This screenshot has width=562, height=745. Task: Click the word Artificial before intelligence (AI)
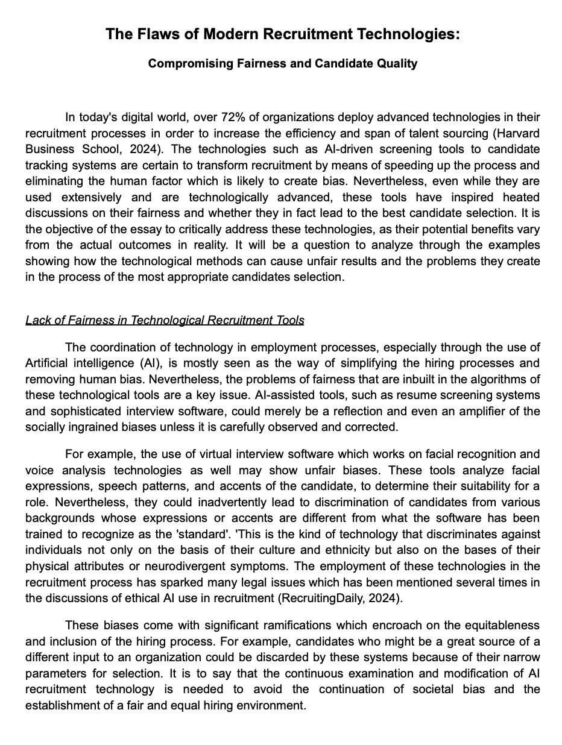click(x=48, y=363)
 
